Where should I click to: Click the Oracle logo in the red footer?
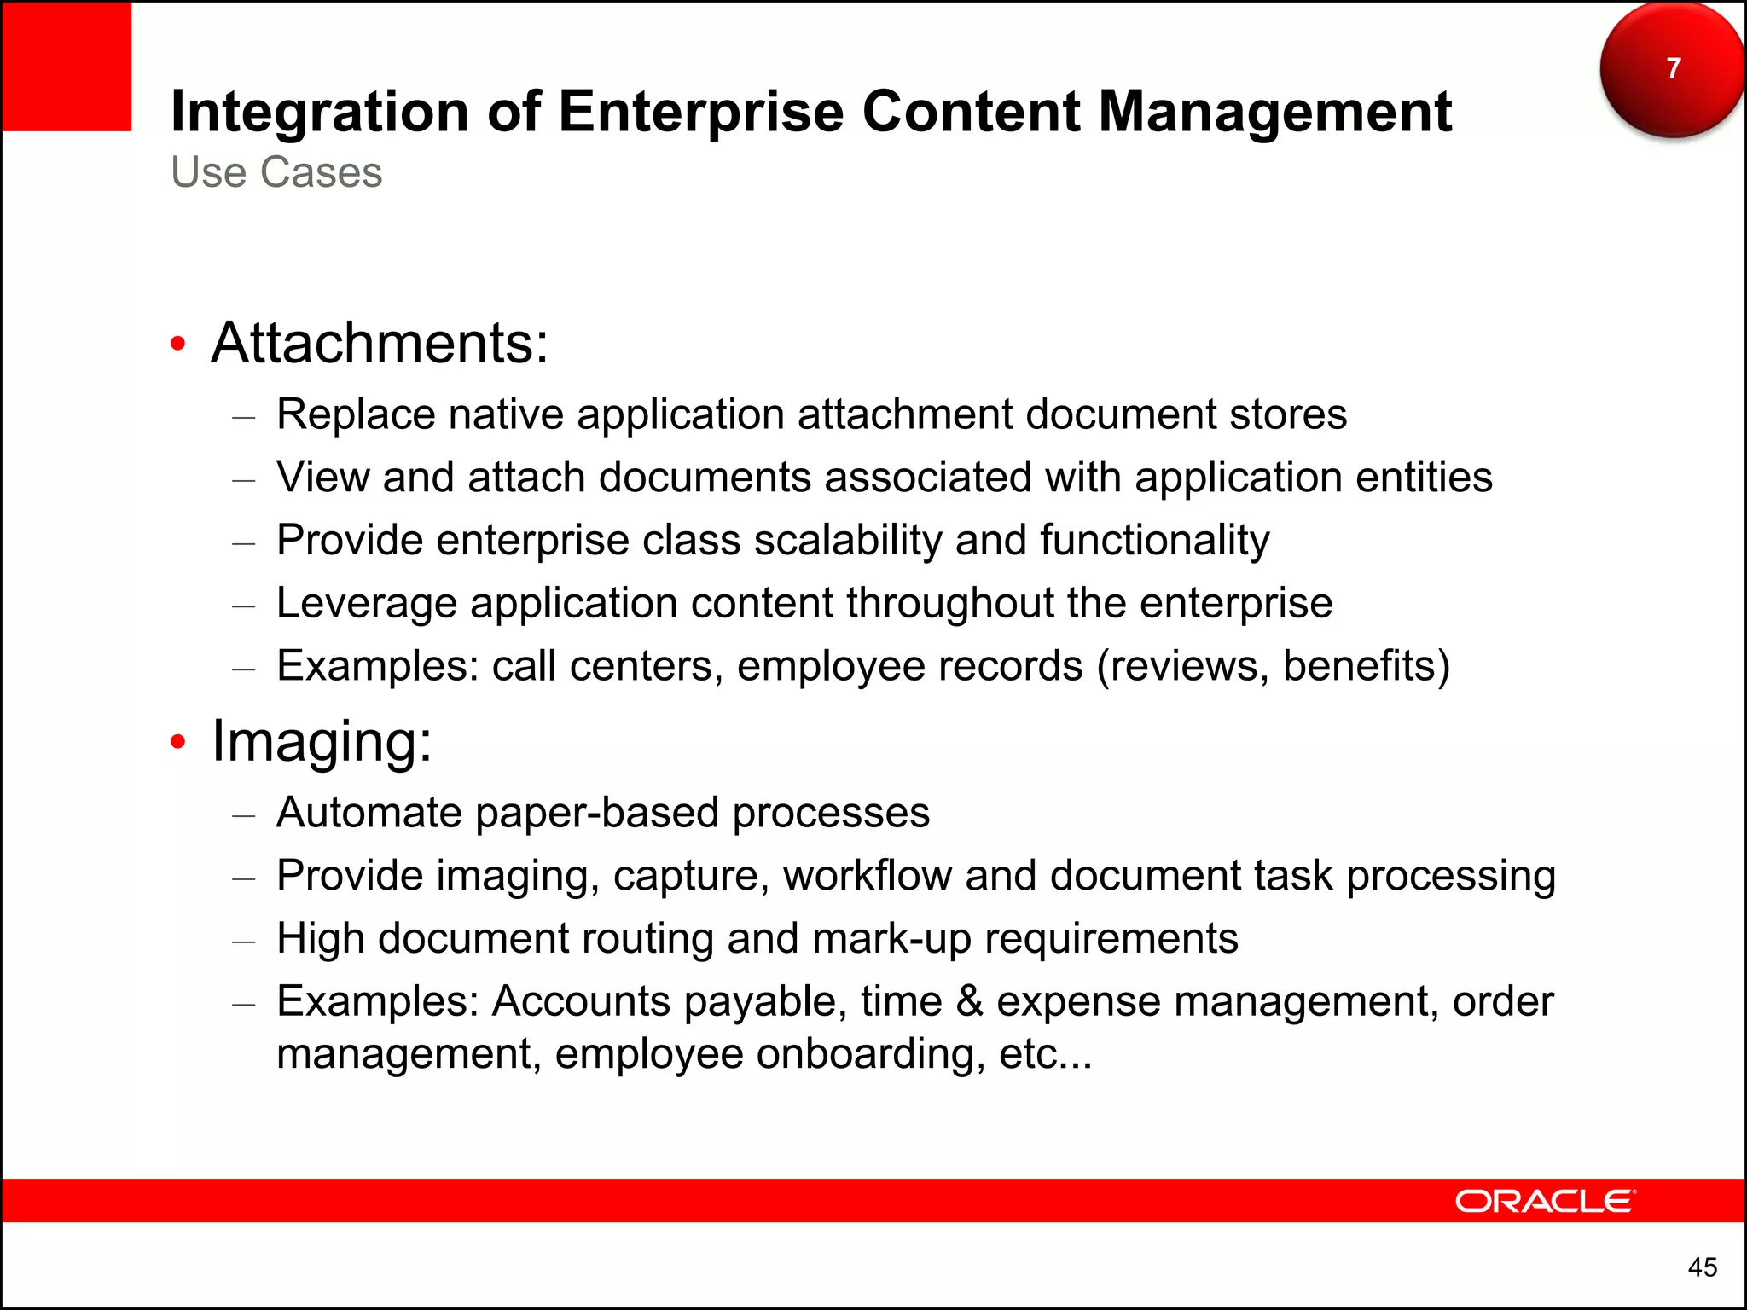pos(1545,1201)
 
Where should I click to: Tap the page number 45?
pos(1702,1267)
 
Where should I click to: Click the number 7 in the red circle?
pos(1674,68)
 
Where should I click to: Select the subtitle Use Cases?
pos(276,172)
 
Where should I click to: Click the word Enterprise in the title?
pos(700,112)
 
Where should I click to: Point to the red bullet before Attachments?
pos(177,344)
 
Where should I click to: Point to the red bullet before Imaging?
pos(177,741)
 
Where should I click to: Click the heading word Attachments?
pos(380,343)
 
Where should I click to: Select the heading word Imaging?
pos(322,740)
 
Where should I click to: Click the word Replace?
pos(357,414)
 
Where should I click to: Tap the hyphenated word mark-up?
pos(891,939)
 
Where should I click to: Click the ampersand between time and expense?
pos(969,1001)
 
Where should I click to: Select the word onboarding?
pos(865,1054)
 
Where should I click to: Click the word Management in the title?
pos(1274,112)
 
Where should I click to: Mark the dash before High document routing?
pos(244,942)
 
